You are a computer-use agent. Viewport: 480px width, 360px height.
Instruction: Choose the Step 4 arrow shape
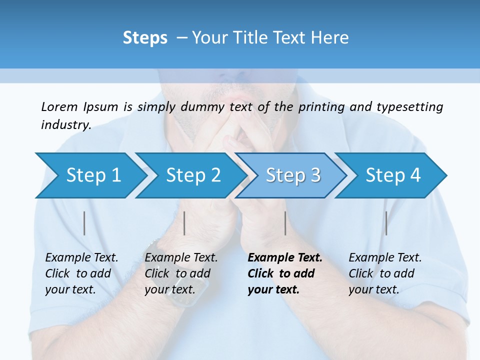click(392, 175)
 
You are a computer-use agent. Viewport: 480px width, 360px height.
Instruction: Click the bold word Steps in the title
click(145, 38)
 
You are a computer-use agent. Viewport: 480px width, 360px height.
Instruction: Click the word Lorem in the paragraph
click(59, 106)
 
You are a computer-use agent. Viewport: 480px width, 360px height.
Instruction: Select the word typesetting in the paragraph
click(409, 107)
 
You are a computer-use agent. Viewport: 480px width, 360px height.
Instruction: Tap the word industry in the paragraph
click(66, 125)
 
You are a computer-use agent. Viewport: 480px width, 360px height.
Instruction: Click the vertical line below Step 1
click(84, 223)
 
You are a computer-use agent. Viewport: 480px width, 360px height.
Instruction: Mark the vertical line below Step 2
click(184, 223)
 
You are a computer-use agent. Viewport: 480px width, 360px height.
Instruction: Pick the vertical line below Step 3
click(285, 223)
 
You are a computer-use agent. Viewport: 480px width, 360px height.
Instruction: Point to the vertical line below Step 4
click(386, 223)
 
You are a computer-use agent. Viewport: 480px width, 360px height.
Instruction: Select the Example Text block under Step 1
click(81, 273)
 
